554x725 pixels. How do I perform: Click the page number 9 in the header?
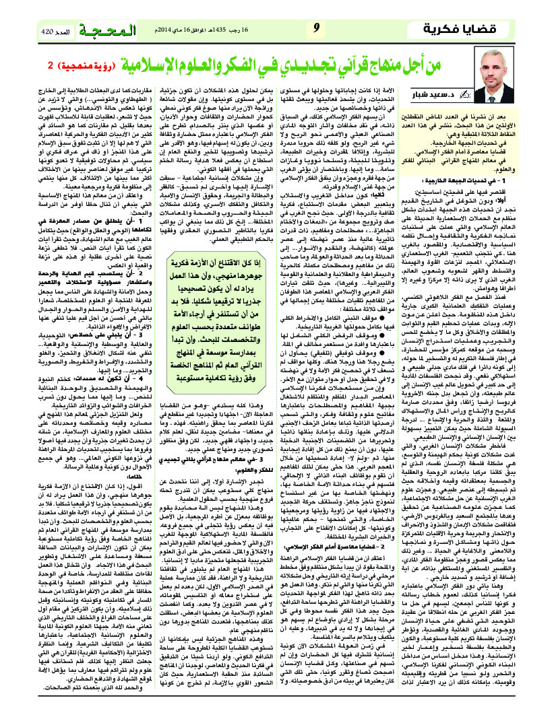pos(316,28)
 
